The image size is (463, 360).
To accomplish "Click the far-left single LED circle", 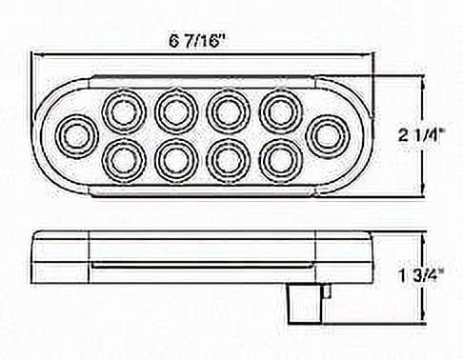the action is [77, 136].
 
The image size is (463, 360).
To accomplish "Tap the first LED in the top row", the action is [124, 111].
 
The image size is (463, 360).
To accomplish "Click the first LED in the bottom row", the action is [124, 162].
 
